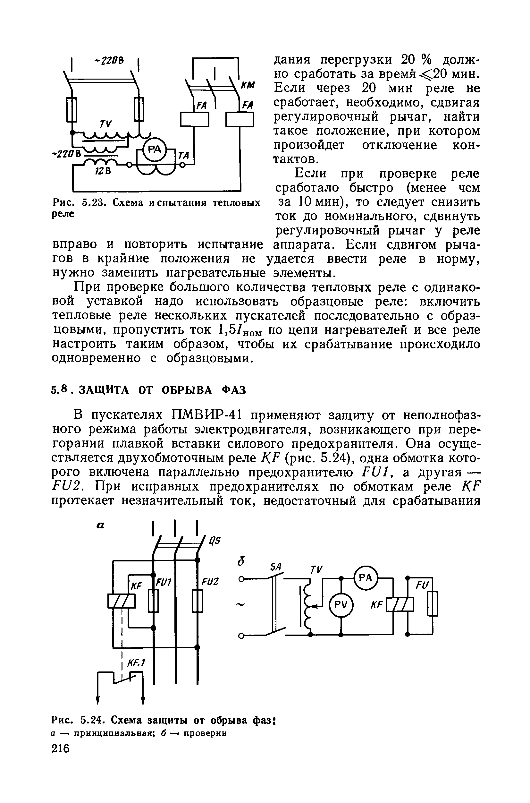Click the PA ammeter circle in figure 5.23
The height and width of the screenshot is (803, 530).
coord(155,149)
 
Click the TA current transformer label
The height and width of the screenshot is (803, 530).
coord(184,156)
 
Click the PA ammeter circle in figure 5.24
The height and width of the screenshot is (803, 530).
coord(366,578)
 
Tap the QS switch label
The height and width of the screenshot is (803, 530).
coord(214,541)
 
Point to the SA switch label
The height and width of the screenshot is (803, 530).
coord(276,567)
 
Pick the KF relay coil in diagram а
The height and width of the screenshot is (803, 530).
coord(121,601)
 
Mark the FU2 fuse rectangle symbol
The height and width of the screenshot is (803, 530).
coord(198,601)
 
